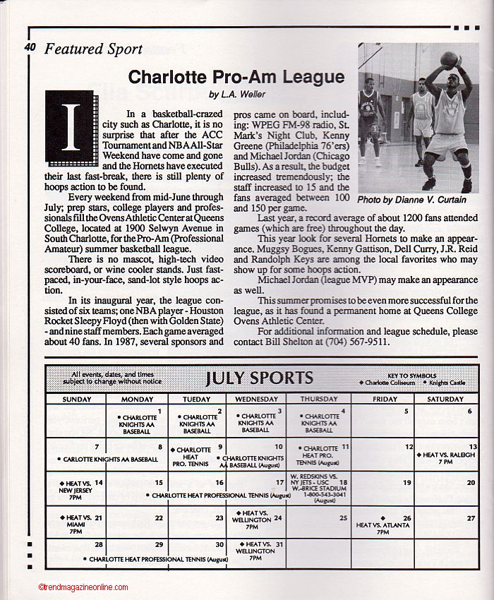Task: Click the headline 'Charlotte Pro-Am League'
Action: click(236, 77)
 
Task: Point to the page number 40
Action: click(30, 48)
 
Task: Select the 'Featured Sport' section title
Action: click(93, 49)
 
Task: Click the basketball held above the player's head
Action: click(449, 59)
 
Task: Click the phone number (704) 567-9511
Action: click(355, 342)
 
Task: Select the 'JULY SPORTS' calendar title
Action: click(259, 378)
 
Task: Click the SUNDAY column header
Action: click(76, 400)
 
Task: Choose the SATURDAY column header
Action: click(445, 400)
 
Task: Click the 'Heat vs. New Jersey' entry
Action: click(76, 489)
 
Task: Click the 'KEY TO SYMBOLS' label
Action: click(412, 376)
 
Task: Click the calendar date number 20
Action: click(471, 483)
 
